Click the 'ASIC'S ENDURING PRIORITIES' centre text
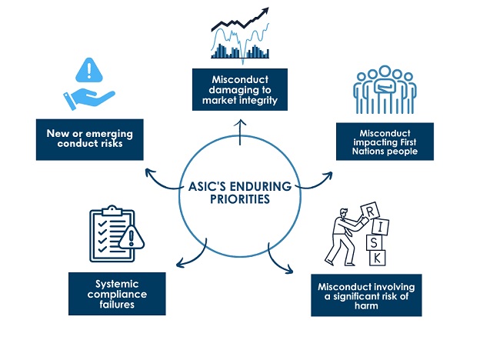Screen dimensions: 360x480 240,190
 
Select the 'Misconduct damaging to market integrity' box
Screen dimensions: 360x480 240,91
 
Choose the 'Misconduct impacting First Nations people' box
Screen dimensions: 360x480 385,140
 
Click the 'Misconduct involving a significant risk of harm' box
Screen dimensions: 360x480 367,294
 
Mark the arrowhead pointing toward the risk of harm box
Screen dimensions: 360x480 291,270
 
